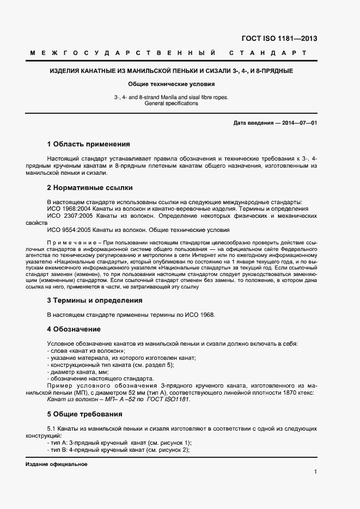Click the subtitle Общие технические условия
[172, 84]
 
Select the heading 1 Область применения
[88, 144]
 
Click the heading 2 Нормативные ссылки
[90, 188]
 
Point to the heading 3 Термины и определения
[95, 300]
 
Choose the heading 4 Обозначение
[74, 329]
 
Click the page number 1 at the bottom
[315, 471]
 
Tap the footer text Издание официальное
[56, 464]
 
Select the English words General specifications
[172, 103]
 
